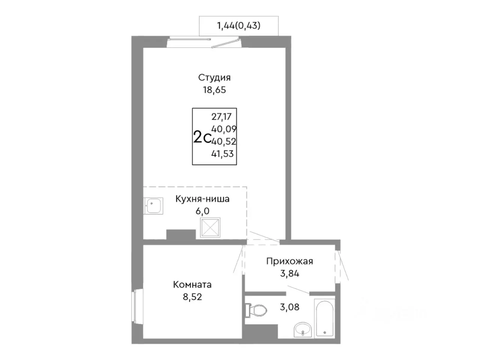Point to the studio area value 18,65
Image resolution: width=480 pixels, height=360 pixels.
coord(214,90)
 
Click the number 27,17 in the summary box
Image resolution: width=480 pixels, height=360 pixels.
coord(221,117)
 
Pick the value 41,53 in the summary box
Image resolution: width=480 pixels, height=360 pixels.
coord(222,154)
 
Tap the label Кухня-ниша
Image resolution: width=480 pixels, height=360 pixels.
coord(202,199)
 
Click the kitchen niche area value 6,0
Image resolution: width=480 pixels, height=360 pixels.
coord(202,211)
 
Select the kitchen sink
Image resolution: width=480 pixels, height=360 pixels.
coord(153,205)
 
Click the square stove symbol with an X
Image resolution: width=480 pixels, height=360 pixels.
coord(210,228)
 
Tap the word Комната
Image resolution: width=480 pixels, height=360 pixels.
coord(192,285)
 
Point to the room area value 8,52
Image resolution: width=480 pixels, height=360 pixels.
coord(192,297)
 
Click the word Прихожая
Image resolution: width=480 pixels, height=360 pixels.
coord(290,261)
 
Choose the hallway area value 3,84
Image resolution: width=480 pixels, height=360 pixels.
coord(290,273)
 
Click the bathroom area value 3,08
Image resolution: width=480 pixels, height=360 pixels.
coord(289,307)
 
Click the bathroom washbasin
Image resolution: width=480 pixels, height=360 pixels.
coord(303,330)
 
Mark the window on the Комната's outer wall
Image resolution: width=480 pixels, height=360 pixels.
coord(137,306)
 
